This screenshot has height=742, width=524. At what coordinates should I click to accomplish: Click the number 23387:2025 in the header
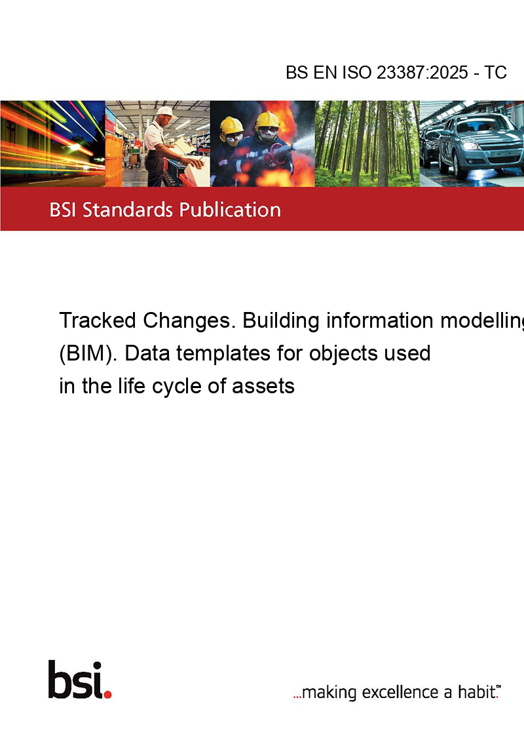422,72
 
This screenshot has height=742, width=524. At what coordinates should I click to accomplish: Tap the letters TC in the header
495,72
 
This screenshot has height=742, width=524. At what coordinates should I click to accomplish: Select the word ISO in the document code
356,72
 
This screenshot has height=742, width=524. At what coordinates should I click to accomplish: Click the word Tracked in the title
98,321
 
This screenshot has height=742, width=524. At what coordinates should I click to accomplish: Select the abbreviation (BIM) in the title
88,353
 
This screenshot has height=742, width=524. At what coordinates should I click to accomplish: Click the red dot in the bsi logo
107,694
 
